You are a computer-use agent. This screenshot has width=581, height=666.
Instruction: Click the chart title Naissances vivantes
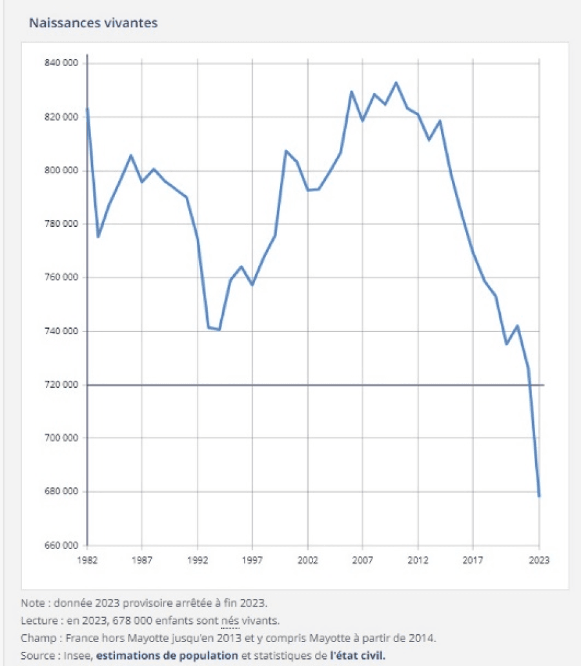(94, 23)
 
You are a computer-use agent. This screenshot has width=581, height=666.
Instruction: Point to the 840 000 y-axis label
(61, 63)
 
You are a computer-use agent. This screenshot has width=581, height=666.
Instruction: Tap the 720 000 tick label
(61, 385)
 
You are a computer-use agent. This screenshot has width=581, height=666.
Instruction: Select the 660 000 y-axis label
(61, 545)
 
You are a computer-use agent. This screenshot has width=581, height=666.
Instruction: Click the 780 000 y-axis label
(61, 224)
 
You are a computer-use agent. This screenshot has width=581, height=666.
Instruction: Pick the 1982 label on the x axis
(87, 560)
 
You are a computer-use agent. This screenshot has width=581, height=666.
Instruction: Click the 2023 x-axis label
(539, 560)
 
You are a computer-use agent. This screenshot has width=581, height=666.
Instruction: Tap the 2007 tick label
(363, 560)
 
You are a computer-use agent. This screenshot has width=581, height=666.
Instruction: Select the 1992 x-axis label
(198, 560)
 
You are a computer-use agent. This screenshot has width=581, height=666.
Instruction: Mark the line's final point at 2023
(539, 496)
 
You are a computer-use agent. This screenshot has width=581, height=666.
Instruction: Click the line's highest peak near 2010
(396, 83)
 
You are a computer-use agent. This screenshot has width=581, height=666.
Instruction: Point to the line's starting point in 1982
(87, 109)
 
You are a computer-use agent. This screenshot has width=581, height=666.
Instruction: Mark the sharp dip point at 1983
(98, 237)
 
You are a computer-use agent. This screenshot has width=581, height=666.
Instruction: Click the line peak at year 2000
(286, 151)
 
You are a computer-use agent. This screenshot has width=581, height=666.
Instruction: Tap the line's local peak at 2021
(517, 326)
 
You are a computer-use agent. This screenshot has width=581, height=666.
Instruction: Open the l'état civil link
(358, 654)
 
